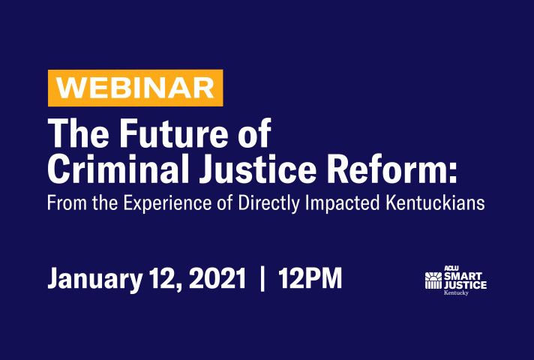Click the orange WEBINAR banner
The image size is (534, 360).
tap(136, 88)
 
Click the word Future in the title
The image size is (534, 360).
tap(173, 133)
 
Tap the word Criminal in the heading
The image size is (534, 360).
tap(118, 169)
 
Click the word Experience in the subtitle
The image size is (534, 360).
tap(167, 203)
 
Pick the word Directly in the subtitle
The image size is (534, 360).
tap(269, 203)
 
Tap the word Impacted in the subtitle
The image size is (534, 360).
tap(342, 203)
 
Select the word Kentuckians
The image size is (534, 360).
tap(435, 202)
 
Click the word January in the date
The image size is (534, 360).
tap(95, 279)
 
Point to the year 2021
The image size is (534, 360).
tap(217, 278)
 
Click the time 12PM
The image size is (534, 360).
tap(310, 278)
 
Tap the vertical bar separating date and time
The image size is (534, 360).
tap(262, 279)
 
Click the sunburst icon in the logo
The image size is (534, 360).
tap(433, 280)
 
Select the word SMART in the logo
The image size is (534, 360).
tap(463, 276)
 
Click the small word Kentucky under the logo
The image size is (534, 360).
tap(456, 293)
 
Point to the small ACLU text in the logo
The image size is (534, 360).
tap(451, 268)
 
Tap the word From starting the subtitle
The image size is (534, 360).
tap(67, 203)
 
